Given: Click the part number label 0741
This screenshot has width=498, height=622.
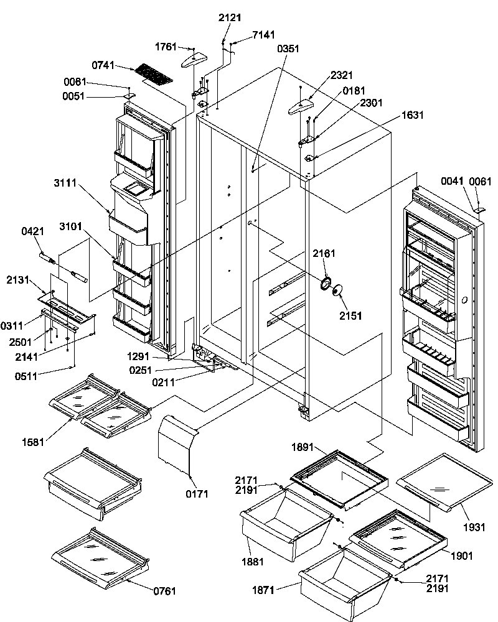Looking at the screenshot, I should (x=104, y=65).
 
